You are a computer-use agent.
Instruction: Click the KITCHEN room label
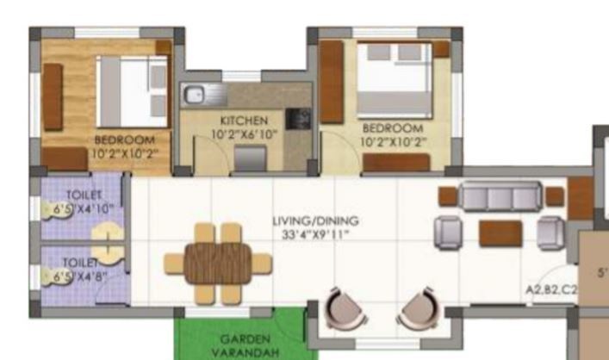(x=243, y=121)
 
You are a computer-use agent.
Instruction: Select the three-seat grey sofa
(x=500, y=196)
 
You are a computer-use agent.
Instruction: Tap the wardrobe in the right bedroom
(x=332, y=82)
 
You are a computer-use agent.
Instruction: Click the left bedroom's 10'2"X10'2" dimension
(x=124, y=153)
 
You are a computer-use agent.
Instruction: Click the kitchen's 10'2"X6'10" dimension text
(x=243, y=133)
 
